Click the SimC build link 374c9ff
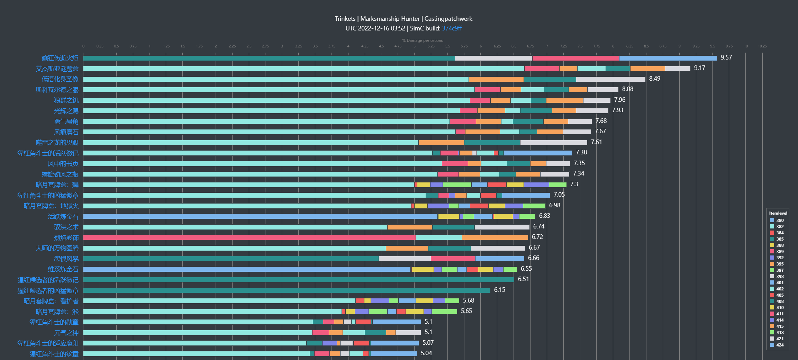tap(452, 28)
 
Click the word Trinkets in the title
tap(345, 19)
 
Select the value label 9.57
tap(726, 57)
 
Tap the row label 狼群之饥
tap(66, 100)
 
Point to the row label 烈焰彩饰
tap(66, 238)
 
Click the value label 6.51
tap(523, 279)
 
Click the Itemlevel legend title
tap(778, 213)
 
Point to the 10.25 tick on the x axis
tap(762, 46)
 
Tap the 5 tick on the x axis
tap(414, 46)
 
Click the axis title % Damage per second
tap(423, 40)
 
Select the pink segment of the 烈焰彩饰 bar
tap(249, 237)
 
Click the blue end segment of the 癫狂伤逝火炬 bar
tap(668, 58)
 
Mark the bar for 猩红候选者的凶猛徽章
tap(287, 290)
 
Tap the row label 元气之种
tap(66, 333)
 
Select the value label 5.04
tap(426, 353)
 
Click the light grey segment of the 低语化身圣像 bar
tap(610, 79)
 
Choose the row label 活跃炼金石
tap(63, 217)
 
